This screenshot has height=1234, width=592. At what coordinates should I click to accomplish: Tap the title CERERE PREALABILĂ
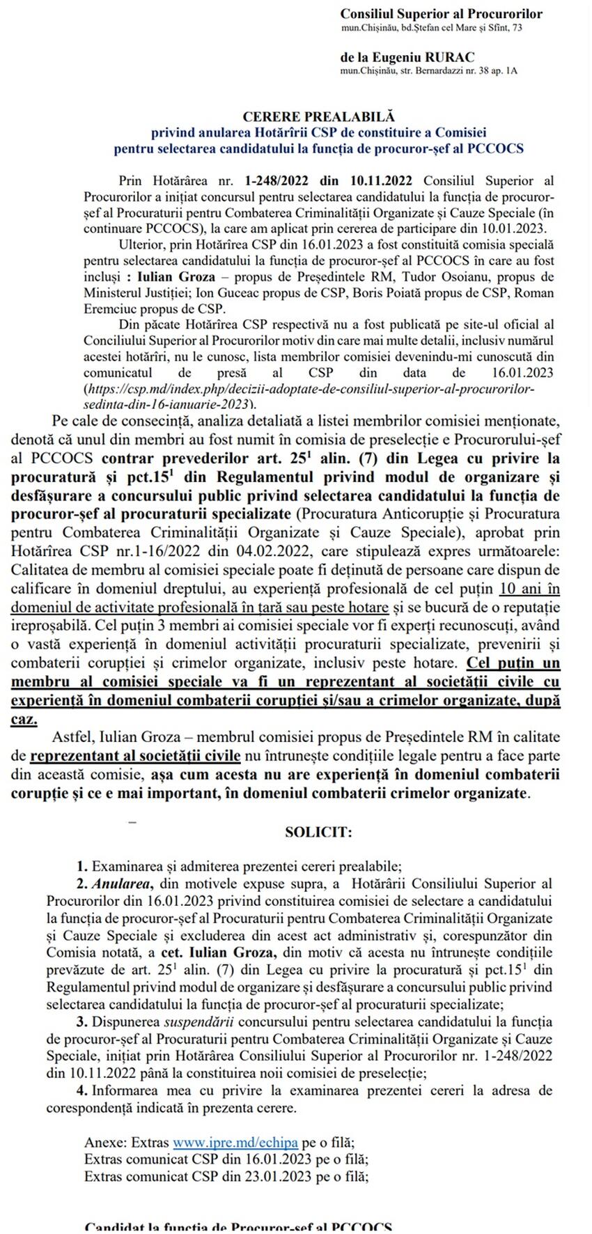click(318, 117)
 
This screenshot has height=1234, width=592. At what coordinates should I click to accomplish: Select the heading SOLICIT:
click(318, 832)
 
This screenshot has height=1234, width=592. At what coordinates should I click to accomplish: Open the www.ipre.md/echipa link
click(235, 1143)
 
